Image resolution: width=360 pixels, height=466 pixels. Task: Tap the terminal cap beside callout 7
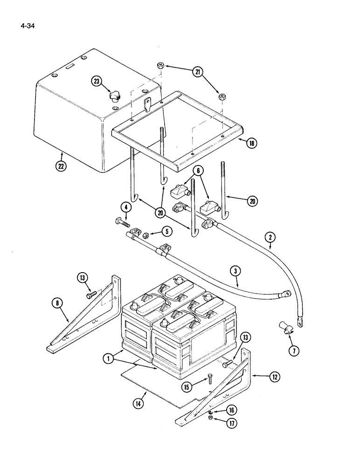284,329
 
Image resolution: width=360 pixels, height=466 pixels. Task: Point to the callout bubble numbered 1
108,359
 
